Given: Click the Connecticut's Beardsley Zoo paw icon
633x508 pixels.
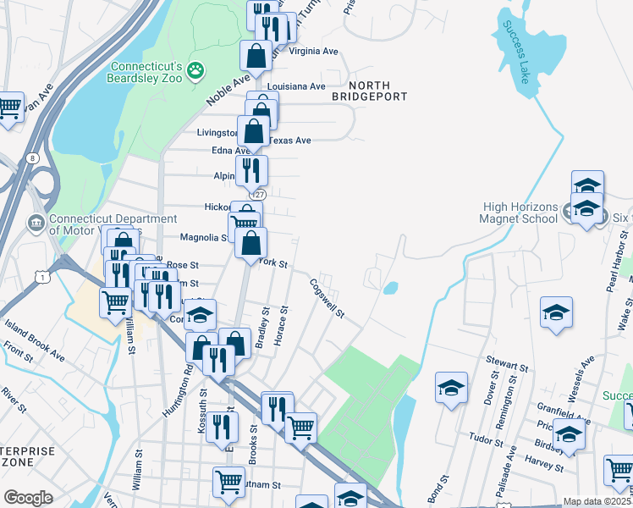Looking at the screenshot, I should (196, 70).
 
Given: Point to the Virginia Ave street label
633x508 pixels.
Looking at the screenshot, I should (314, 51).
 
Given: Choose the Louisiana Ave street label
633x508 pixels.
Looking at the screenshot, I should (296, 86).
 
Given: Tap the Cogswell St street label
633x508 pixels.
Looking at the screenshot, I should (327, 299).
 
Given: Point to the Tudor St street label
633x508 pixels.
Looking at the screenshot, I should (486, 441).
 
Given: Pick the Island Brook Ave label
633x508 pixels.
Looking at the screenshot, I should (35, 340).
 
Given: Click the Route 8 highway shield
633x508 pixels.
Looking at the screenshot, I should (31, 157).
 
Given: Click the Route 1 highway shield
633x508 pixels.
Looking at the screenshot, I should (43, 276).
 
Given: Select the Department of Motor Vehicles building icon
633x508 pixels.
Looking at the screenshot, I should (36, 224).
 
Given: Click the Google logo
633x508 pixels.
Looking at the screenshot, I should (28, 498).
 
